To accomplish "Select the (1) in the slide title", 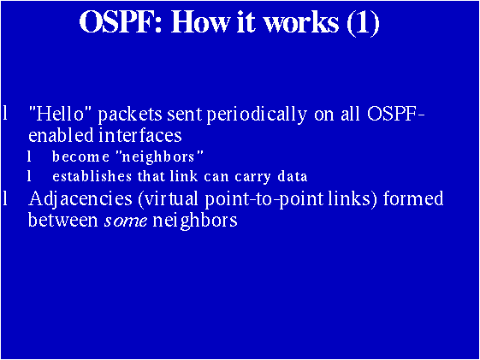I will click(x=363, y=23).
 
